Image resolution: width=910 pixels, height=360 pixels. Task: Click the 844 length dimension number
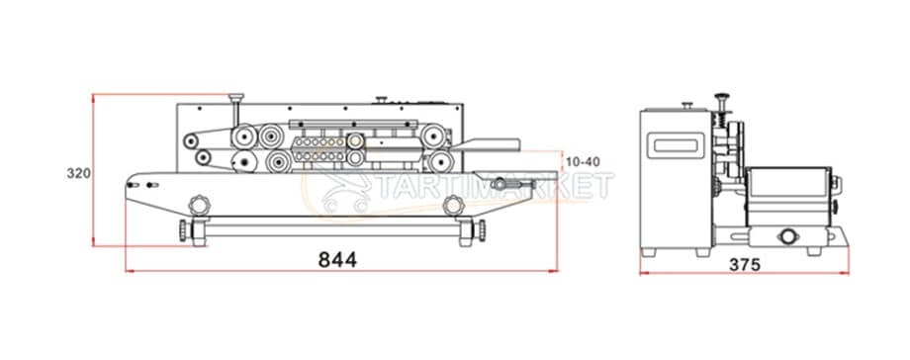(x=337, y=260)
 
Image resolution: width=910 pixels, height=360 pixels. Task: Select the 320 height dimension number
(x=79, y=173)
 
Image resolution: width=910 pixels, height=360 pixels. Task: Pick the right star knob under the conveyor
(x=454, y=205)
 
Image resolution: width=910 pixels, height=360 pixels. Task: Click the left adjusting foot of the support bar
(x=185, y=231)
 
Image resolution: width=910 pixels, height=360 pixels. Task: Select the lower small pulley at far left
(x=201, y=158)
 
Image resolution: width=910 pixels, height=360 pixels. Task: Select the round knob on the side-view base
(x=788, y=236)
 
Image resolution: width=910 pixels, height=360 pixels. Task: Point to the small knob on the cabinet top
(x=378, y=98)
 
